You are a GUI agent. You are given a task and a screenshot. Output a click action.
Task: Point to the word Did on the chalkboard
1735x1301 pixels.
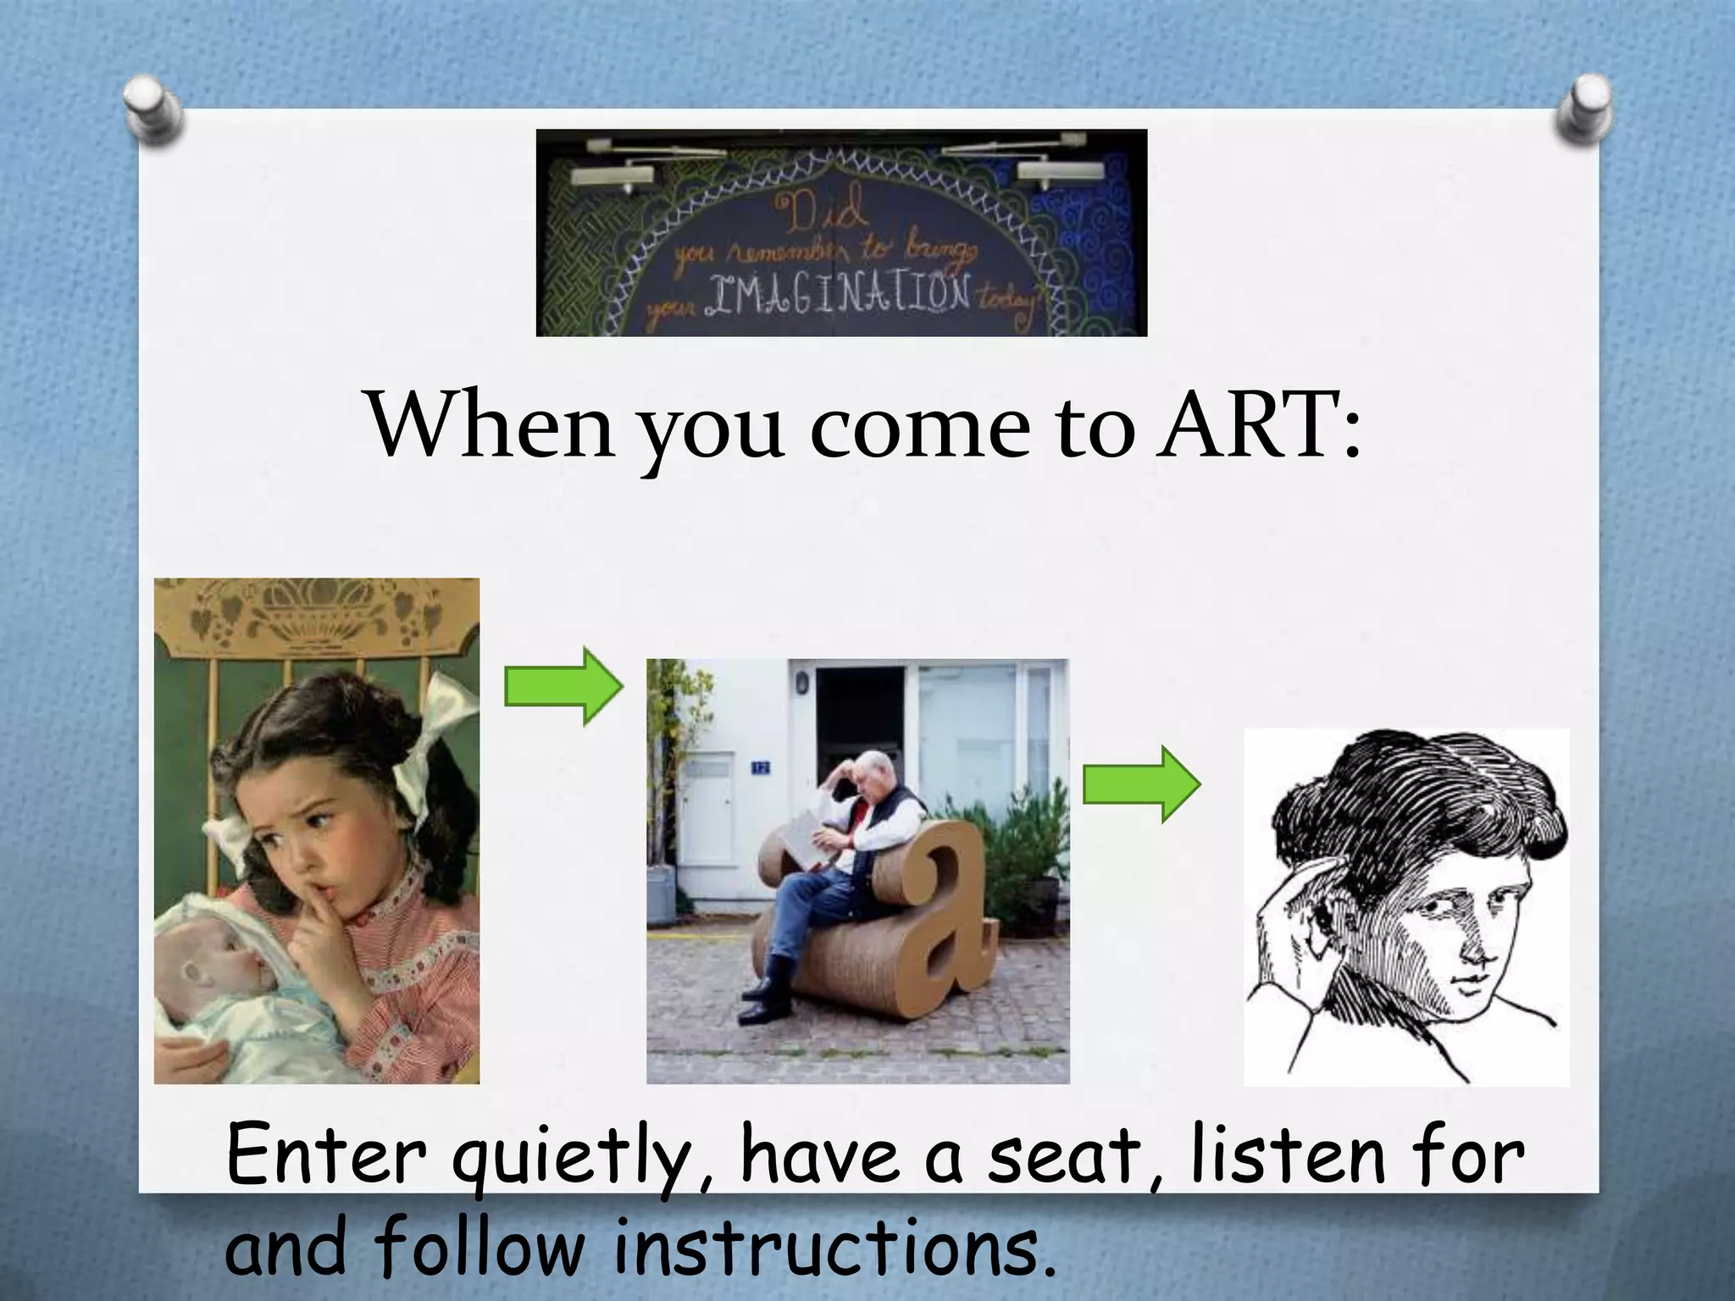[x=826, y=208]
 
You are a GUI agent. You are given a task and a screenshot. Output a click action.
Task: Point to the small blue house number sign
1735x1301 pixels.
[x=760, y=767]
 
